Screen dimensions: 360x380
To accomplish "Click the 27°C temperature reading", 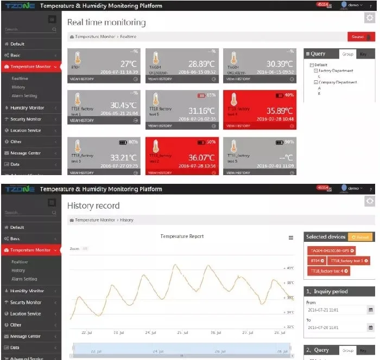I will (128, 63).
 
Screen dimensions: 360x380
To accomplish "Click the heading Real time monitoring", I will (106, 22).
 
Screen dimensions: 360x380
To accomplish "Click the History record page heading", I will (93, 205).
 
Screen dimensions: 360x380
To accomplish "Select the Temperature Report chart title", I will (182, 236).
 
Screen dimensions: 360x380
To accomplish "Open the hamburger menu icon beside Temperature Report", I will (291, 237).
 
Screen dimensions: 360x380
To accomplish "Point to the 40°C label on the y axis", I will (289, 268).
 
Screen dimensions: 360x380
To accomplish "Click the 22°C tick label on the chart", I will (289, 327).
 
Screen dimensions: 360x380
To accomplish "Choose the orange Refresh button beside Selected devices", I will (360, 237).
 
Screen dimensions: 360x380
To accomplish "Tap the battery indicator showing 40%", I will (285, 95).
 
